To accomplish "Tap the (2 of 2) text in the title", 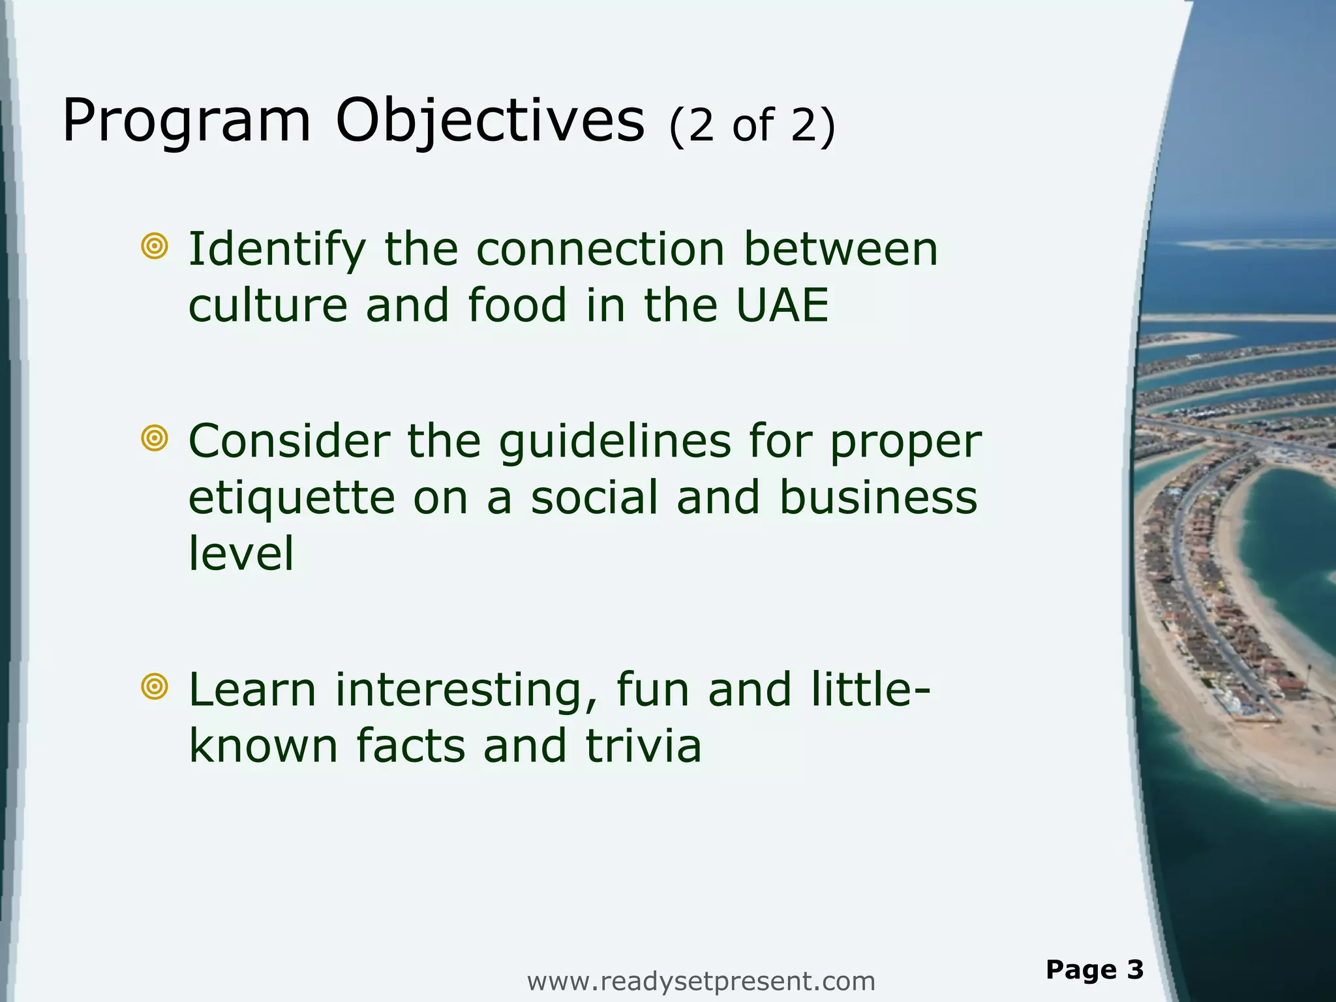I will pos(751,125).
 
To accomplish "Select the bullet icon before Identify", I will pos(155,246).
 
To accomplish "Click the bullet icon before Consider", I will pos(155,438).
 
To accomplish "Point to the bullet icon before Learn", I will pos(155,686).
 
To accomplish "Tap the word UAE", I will pos(782,305).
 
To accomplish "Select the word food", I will pos(517,305).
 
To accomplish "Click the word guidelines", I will pos(615,442).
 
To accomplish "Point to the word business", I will pos(878,497).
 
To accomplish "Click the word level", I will pos(241,553).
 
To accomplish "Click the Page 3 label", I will pos(1095,969).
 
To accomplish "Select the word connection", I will pos(600,249).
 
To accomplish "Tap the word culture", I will pos(267,305).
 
